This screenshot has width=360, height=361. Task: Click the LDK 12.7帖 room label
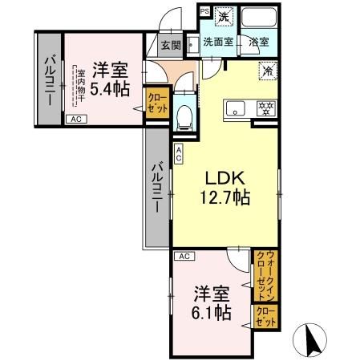(x=224, y=187)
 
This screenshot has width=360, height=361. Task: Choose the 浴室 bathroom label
(x=257, y=42)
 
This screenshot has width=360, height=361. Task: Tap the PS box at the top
(x=203, y=11)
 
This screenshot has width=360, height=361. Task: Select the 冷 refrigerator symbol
(x=267, y=70)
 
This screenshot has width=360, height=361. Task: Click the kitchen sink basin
(x=234, y=107)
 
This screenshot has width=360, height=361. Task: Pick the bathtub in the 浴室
(x=257, y=18)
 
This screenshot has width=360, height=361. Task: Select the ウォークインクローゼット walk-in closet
(x=263, y=275)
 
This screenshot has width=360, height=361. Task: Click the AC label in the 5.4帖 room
(x=76, y=119)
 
